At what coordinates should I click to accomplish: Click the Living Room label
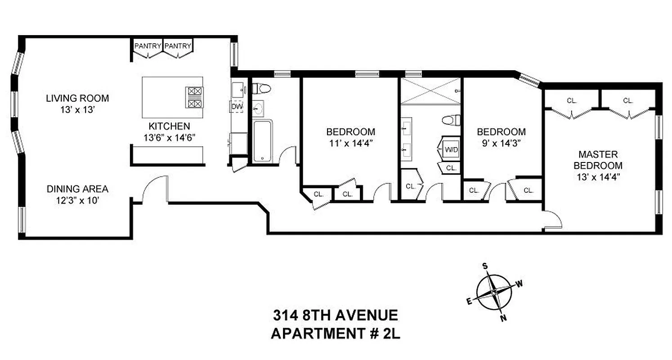coord(77,98)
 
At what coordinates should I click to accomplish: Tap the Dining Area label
coord(77,189)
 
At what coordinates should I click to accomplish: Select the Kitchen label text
coord(167,126)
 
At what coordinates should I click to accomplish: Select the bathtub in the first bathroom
coord(262,141)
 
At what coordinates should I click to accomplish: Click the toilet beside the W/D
coord(452,120)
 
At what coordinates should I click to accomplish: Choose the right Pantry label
coord(178,46)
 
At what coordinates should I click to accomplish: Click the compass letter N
coord(504,319)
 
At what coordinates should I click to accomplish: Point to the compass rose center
coord(494,292)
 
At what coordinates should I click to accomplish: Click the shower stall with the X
coord(430,91)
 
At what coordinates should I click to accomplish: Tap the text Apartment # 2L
coord(335,333)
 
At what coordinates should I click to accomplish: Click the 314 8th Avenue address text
coord(335,315)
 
